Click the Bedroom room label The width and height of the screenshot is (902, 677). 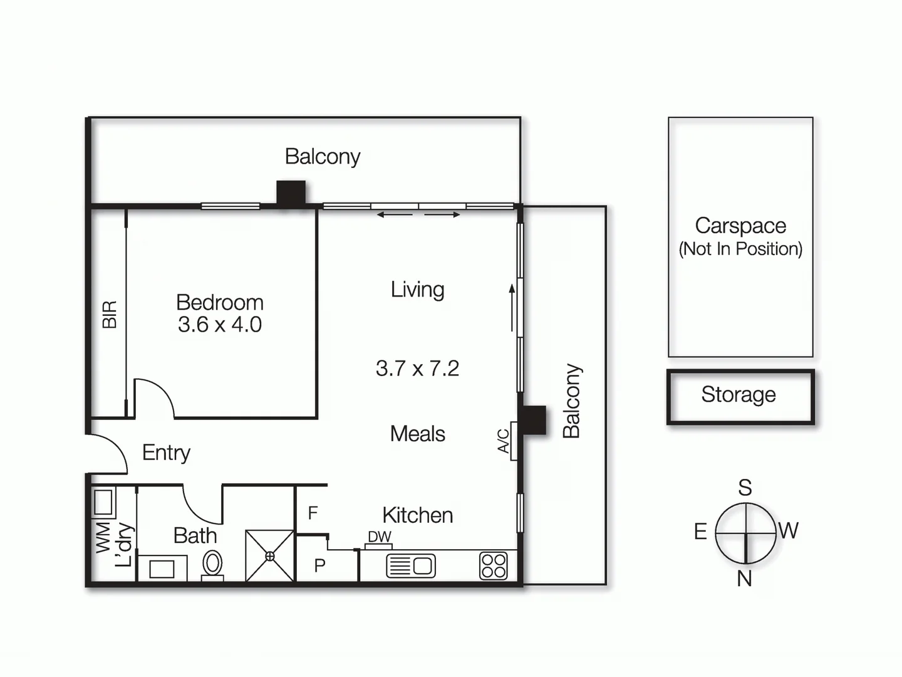pos(219,302)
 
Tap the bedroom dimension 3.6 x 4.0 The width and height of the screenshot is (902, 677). pos(219,325)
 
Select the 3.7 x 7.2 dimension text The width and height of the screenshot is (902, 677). pos(417,368)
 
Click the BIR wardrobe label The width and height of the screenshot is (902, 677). pos(110,315)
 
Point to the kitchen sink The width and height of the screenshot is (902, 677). pos(411,566)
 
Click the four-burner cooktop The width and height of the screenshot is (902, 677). pos(493,565)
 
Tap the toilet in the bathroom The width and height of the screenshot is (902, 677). pos(213,564)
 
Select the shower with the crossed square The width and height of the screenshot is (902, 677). pos(270,556)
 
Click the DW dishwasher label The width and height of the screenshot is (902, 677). pos(379,537)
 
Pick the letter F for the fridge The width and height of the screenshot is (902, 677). pos(313,513)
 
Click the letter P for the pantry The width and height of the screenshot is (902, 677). pos(319,565)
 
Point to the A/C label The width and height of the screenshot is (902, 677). pos(504,441)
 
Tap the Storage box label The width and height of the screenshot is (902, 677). pos(739,394)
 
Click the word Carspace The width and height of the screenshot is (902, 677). pos(740,226)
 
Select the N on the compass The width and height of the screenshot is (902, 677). pos(744,579)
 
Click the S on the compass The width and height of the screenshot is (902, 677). pos(745,487)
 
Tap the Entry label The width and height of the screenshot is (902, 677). pos(166,453)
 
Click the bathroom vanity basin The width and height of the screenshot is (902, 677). pos(162,569)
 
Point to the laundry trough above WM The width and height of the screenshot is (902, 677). pos(103,503)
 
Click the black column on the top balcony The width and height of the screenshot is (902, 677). pos(291,193)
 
